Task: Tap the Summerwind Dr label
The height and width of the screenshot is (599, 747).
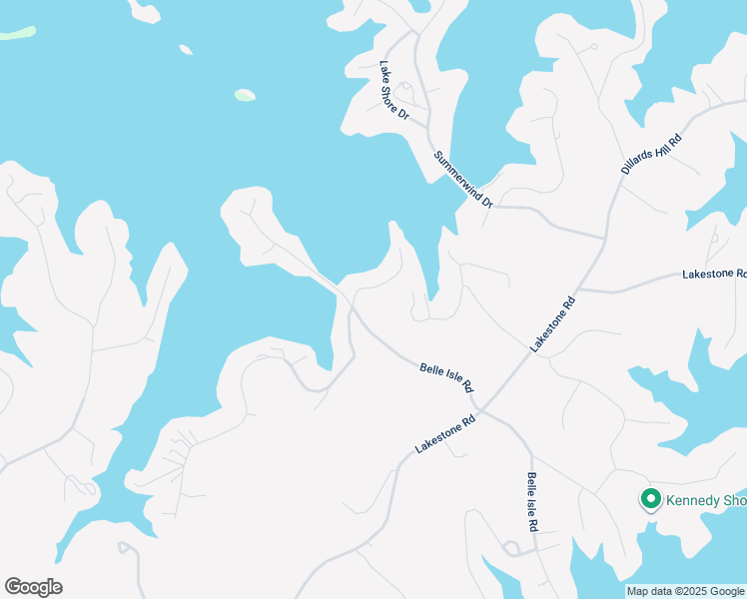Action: coord(464,179)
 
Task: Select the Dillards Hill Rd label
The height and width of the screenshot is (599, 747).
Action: coord(650,153)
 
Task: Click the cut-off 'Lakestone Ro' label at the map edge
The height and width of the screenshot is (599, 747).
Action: coord(713,274)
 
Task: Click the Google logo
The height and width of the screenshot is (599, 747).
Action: coord(33,587)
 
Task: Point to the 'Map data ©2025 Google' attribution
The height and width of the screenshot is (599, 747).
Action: coord(685,591)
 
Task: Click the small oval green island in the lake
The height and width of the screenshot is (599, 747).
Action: coord(245,96)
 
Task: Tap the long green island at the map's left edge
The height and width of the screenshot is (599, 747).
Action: coord(16,33)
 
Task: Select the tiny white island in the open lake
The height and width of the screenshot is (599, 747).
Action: coord(185,48)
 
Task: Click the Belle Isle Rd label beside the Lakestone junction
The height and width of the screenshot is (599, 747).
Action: coord(445,377)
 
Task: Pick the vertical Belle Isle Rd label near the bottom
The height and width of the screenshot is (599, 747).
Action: coord(533,502)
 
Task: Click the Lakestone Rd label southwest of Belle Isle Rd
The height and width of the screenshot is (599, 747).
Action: coord(443,435)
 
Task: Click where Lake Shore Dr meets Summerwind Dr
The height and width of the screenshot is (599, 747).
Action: coord(428,129)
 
